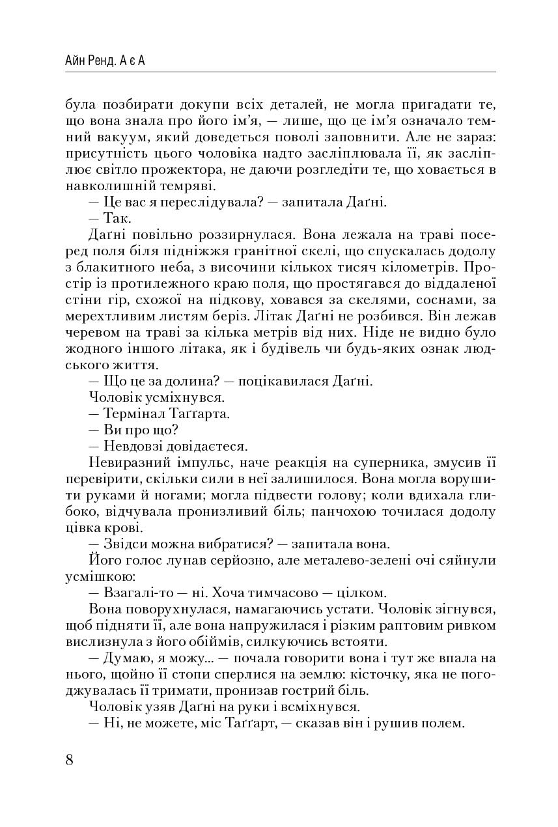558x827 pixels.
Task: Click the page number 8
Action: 70,760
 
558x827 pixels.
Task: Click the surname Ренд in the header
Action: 102,61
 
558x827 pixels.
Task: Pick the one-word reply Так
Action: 117,219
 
